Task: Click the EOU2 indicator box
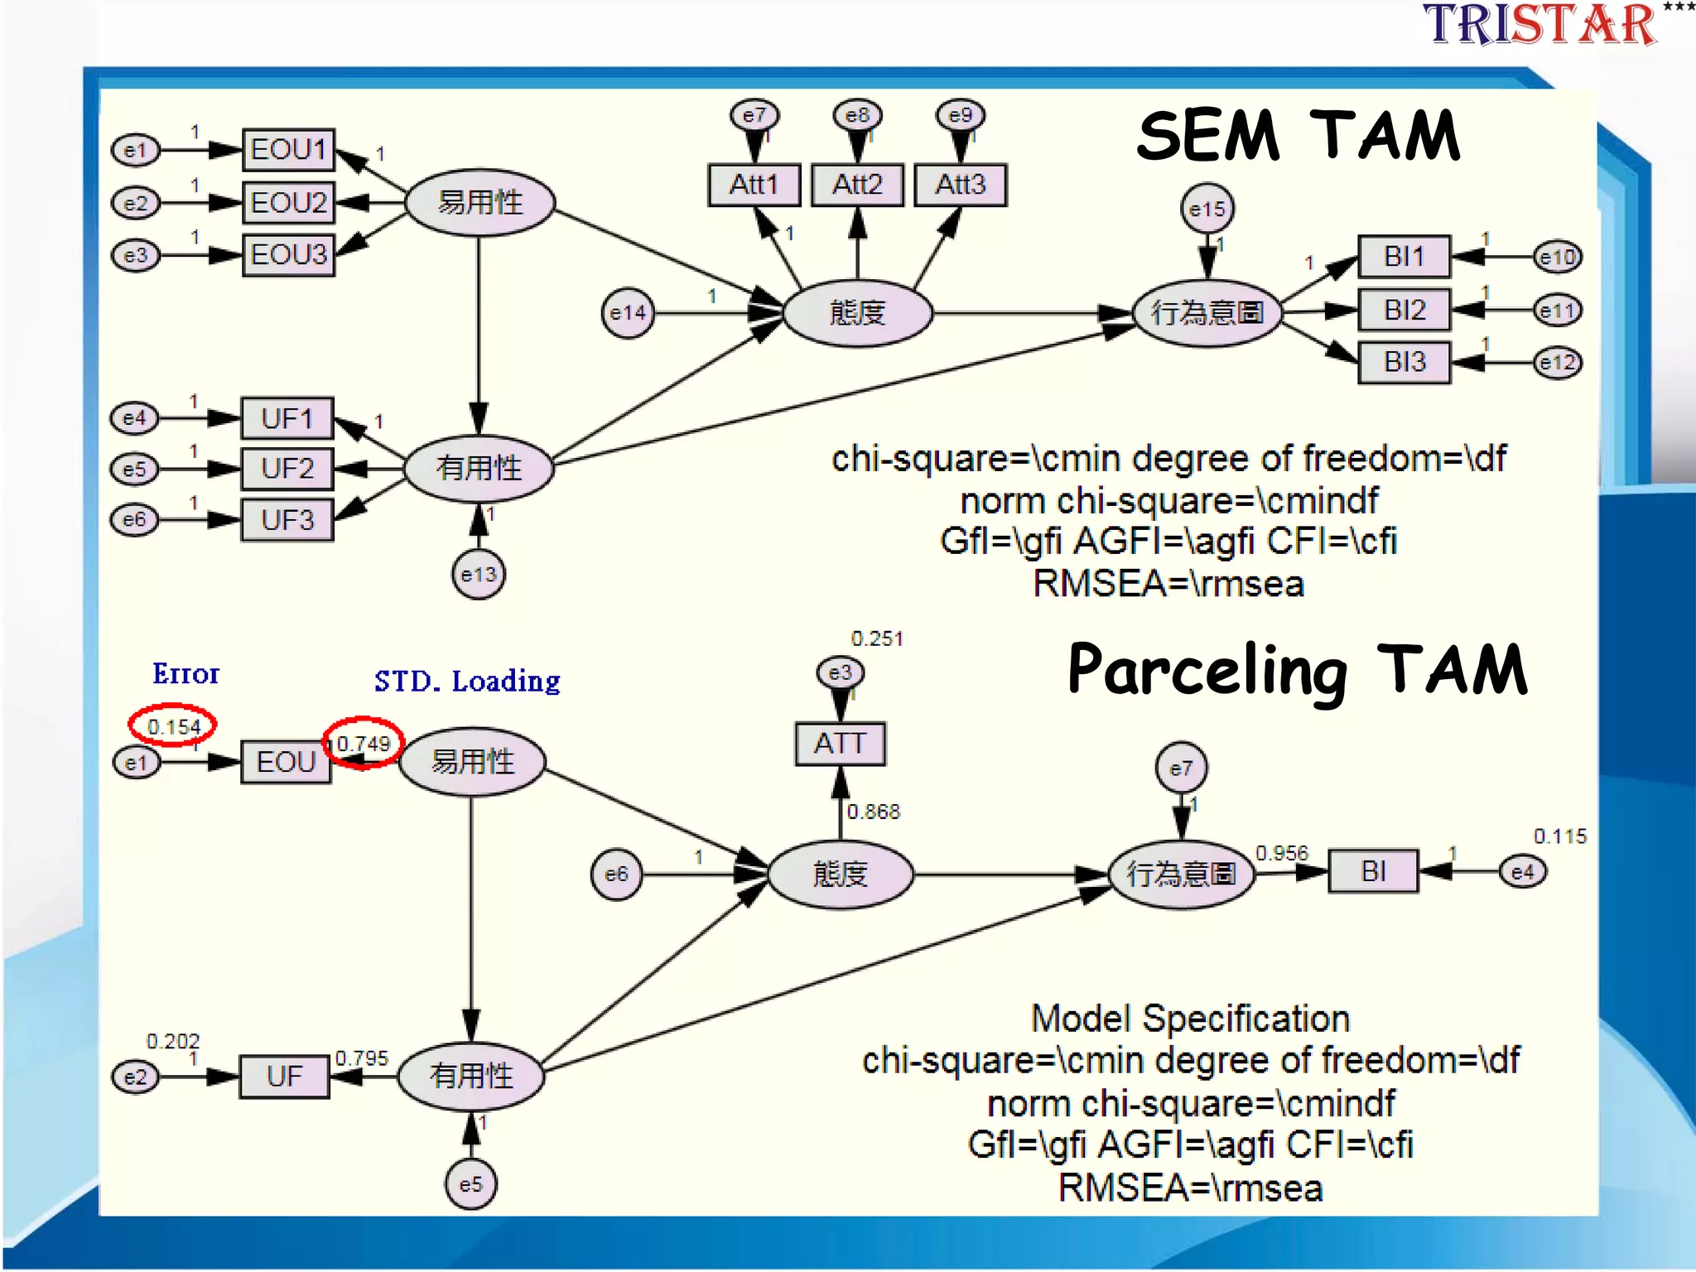pos(288,203)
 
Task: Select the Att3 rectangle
pos(960,185)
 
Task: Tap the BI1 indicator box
pos(1404,257)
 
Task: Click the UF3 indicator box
pos(287,520)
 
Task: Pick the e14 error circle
pos(627,313)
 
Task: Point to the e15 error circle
pos(1207,210)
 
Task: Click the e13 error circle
pos(478,574)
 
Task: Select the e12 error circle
pos(1557,363)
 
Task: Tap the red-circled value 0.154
pos(173,726)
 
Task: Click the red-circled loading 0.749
pos(363,743)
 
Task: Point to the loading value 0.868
pos(873,812)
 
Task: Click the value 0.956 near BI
pos(1281,853)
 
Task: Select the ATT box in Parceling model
pos(840,744)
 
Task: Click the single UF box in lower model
pos(284,1077)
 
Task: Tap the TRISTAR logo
pos(1539,25)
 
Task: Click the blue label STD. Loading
pos(467,682)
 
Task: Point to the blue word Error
pos(185,674)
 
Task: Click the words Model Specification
pos(1190,1019)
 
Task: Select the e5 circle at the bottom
pos(470,1184)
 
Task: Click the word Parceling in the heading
pos(1207,671)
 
